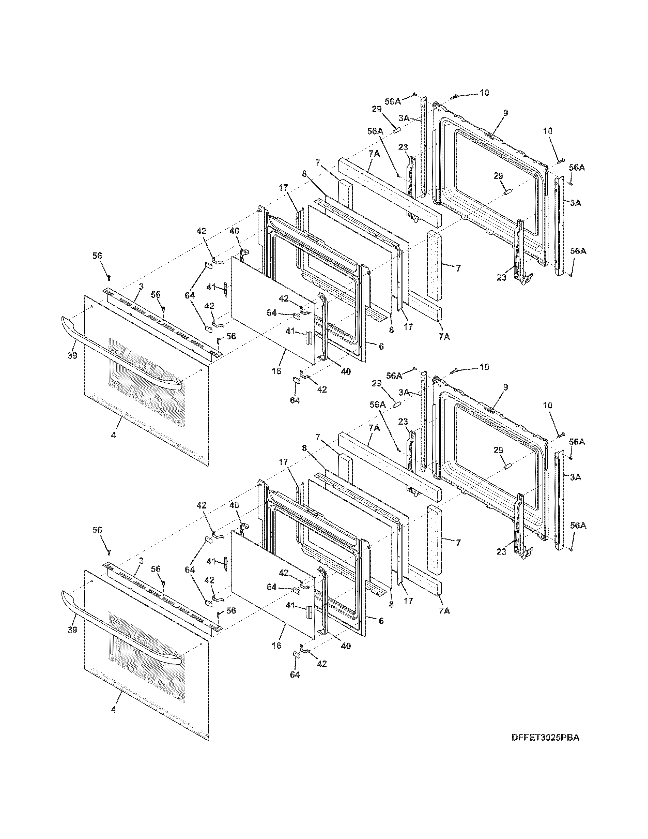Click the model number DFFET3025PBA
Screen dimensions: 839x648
pos(545,748)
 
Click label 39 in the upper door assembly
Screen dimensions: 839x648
pos(72,355)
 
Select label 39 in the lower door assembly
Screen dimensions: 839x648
pos(72,630)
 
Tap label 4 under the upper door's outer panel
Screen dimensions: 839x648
pos(113,435)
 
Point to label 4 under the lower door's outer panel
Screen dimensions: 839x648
pos(113,710)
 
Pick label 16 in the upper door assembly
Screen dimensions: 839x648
pos(276,371)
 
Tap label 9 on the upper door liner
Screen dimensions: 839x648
pos(506,113)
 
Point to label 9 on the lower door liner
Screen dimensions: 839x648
pos(506,388)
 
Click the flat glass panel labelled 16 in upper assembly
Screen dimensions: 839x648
pos(273,307)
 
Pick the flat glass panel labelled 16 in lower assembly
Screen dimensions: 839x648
pos(273,582)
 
